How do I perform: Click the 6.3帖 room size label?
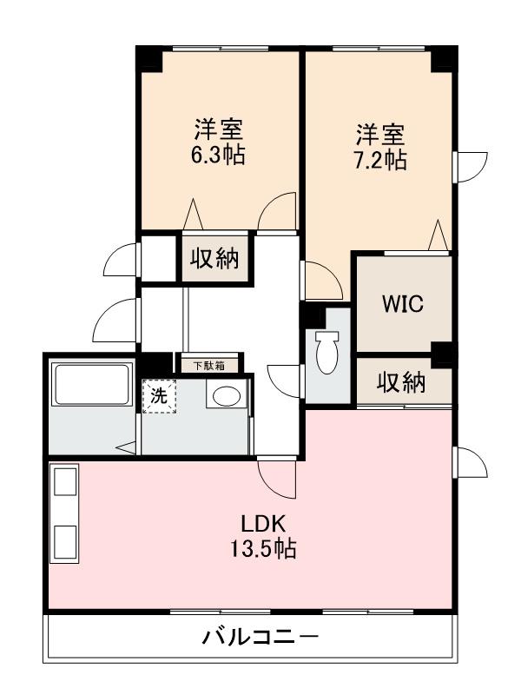[x=217, y=156]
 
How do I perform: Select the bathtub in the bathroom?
[x=90, y=387]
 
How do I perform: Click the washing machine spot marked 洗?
[x=159, y=395]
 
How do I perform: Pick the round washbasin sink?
[x=226, y=396]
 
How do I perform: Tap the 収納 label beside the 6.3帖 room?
[x=214, y=258]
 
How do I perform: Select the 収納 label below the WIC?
[x=401, y=382]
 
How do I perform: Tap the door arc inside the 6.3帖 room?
[x=279, y=214]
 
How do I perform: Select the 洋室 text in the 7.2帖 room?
[x=379, y=135]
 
